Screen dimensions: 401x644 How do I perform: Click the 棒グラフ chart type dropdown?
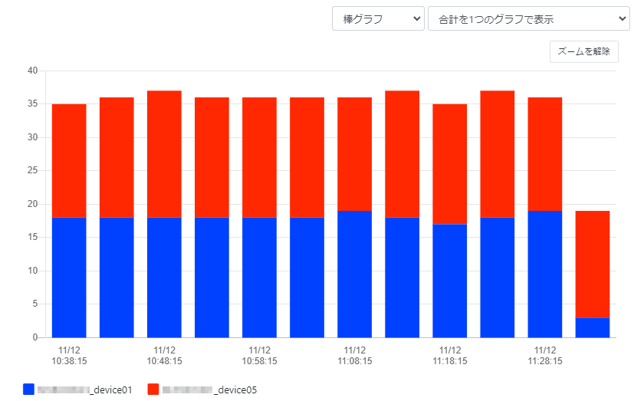(x=378, y=18)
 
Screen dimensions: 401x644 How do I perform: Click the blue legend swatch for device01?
(x=29, y=389)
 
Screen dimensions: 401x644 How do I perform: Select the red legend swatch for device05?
(x=153, y=389)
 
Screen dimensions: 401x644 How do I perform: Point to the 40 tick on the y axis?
(x=32, y=71)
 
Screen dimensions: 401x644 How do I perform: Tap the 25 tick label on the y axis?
(x=32, y=171)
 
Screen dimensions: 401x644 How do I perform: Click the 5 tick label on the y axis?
(x=34, y=304)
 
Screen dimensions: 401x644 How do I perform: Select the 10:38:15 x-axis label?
(x=69, y=355)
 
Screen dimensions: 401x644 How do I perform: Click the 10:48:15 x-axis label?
(x=164, y=355)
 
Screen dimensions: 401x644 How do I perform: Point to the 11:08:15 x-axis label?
(x=354, y=355)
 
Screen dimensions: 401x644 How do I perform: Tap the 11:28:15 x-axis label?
(x=544, y=355)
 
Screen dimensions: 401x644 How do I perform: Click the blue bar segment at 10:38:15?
(x=69, y=278)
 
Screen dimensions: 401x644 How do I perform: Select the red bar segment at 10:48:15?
(x=164, y=153)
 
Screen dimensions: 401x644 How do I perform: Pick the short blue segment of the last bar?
(x=592, y=327)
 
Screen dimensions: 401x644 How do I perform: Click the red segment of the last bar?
(x=592, y=264)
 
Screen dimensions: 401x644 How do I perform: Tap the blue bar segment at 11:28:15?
(x=544, y=274)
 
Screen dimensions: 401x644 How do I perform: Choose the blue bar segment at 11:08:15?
(x=354, y=274)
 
